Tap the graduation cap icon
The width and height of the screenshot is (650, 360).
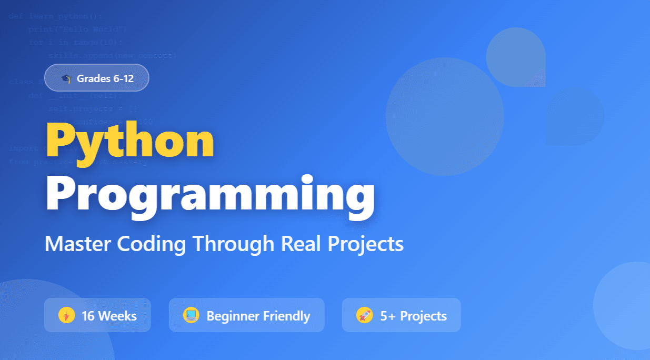coord(66,79)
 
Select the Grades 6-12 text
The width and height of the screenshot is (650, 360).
coord(105,79)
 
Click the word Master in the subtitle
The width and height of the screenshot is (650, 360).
coord(78,244)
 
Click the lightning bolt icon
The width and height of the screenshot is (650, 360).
coord(66,316)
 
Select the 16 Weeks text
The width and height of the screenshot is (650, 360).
coord(109,316)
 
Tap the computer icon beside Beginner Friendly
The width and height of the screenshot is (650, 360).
coord(191,315)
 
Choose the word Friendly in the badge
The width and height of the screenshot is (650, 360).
coord(287,316)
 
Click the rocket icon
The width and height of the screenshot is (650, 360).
coord(364,315)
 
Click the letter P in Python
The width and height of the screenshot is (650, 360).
coord(61,140)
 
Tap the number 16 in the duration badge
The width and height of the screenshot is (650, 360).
coord(88,316)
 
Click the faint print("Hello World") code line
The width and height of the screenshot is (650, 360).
coord(77,28)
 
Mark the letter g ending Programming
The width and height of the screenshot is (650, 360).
coord(357,198)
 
